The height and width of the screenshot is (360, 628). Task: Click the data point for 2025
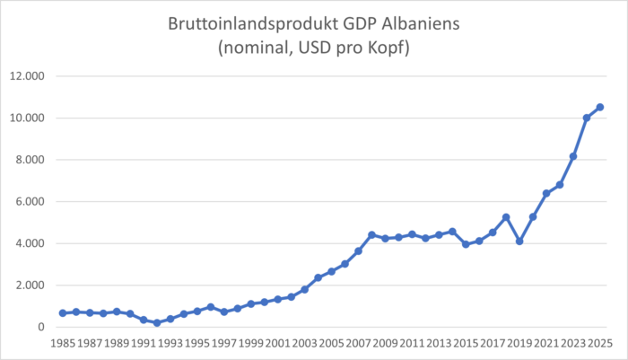(x=600, y=107)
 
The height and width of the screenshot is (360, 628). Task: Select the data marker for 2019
(x=519, y=241)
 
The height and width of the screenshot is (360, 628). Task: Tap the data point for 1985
(x=63, y=313)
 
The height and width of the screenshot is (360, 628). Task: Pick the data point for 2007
(x=358, y=251)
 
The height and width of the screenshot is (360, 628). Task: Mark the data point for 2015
(x=466, y=244)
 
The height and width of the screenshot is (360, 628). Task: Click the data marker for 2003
(x=305, y=289)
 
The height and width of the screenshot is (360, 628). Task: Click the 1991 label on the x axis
(x=143, y=344)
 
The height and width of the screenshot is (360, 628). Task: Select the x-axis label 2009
(x=385, y=344)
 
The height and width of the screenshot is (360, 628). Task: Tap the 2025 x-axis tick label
(x=600, y=344)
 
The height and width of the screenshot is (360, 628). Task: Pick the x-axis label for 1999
(x=250, y=344)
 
